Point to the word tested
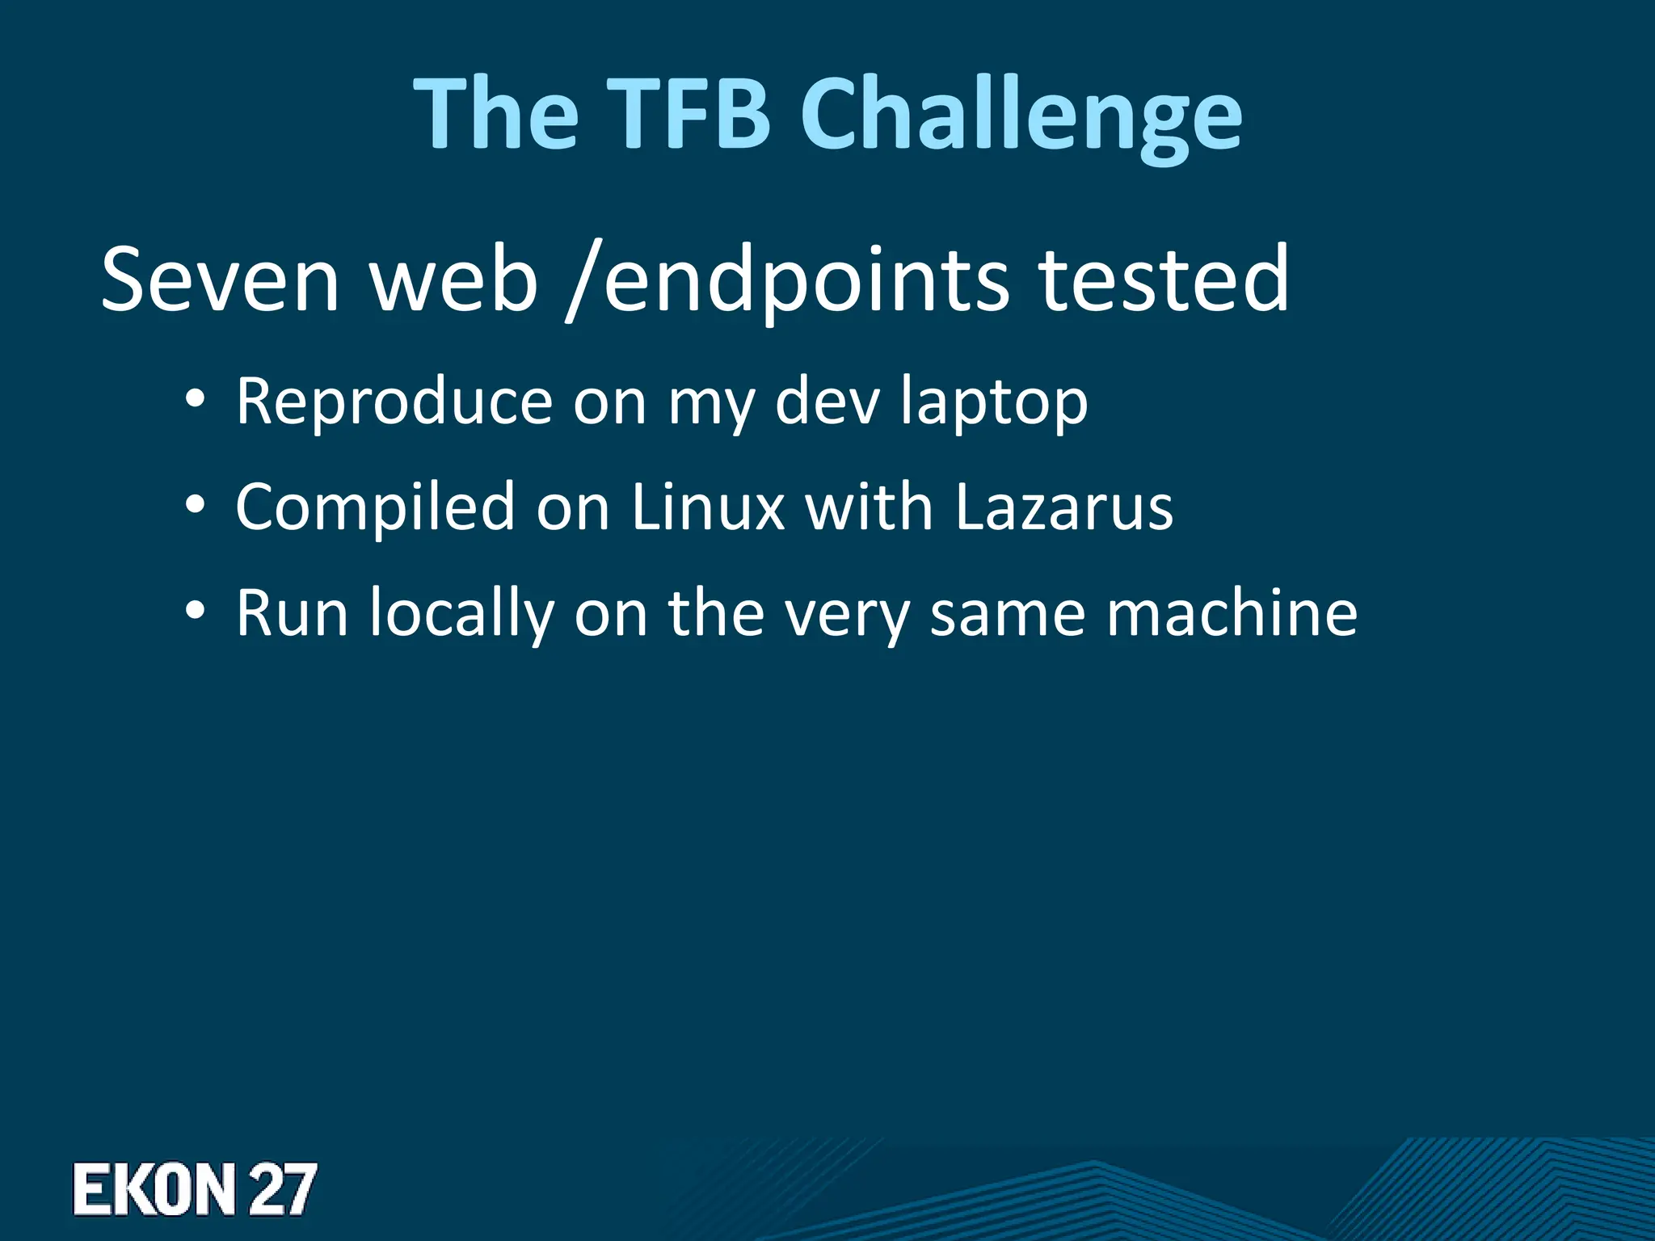(1164, 280)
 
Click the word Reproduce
(394, 401)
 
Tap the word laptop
(994, 402)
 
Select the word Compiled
(375, 507)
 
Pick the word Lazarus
(1063, 507)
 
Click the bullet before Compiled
(194, 506)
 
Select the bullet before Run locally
(194, 612)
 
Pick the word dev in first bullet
(827, 401)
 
